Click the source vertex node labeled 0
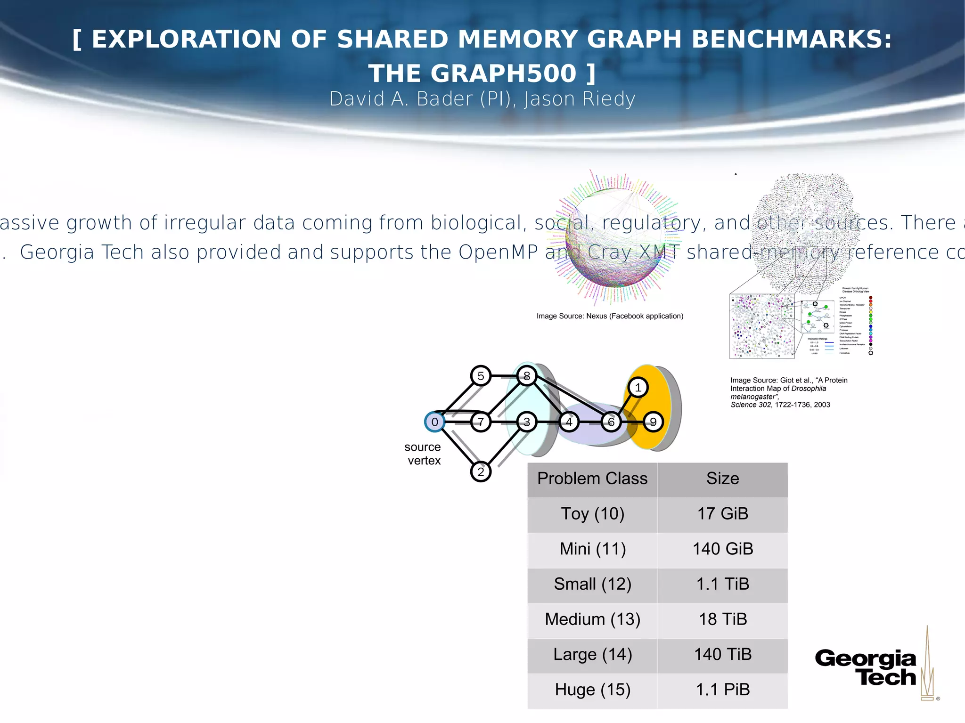coord(434,422)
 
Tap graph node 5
coord(481,376)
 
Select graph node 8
coord(527,376)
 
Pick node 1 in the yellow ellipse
coord(638,388)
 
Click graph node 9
coord(653,422)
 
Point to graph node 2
coord(481,471)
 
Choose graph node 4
coord(569,422)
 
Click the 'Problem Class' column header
coord(592,479)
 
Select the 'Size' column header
coord(722,479)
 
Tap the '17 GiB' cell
coord(722,514)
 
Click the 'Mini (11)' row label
coord(592,549)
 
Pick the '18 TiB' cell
coord(722,619)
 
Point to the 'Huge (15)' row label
coord(592,690)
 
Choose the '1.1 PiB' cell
coord(722,690)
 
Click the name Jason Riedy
coord(580,99)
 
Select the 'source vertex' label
coord(423,454)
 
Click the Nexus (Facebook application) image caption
coord(610,316)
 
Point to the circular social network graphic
coord(615,238)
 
